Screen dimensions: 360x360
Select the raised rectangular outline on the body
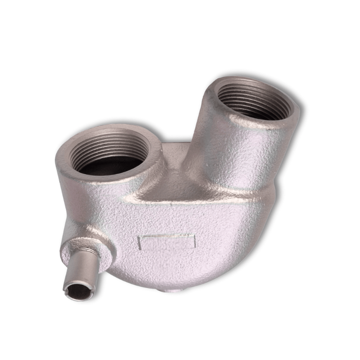(167, 242)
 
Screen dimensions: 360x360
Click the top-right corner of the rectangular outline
(195, 236)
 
